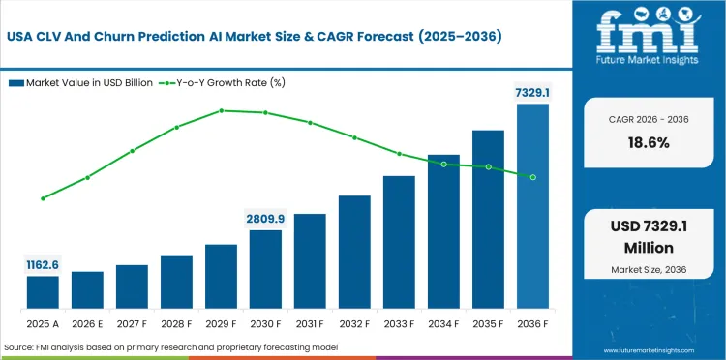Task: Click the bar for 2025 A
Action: point(43,291)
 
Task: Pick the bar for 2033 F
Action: point(399,242)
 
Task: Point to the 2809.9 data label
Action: point(265,219)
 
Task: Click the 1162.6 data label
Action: point(43,264)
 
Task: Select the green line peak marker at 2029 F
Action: point(221,110)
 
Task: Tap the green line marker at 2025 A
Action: point(43,198)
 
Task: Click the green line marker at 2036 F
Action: point(532,176)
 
